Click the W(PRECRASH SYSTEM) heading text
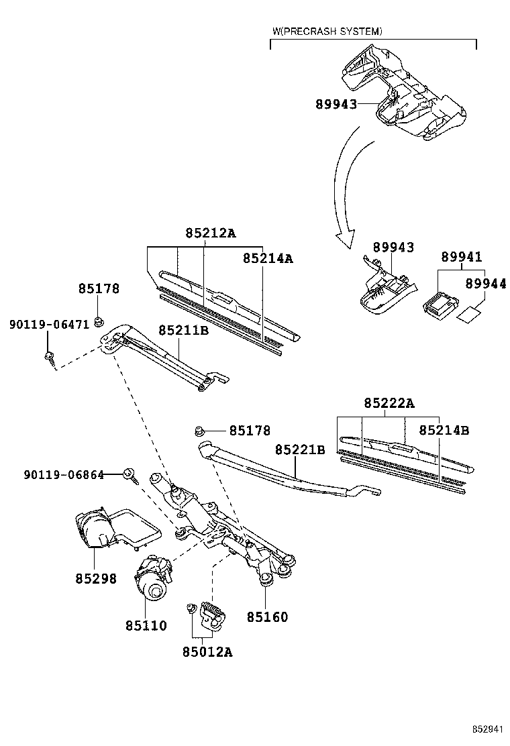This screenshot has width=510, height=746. (x=327, y=32)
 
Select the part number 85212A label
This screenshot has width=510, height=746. (x=211, y=233)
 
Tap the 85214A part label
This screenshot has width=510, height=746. (x=268, y=258)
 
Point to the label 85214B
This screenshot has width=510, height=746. (x=444, y=430)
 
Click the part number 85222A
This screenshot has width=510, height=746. (x=389, y=403)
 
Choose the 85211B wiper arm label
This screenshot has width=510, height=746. (x=184, y=331)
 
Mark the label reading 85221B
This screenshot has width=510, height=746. (x=300, y=449)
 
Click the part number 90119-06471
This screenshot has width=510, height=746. (x=49, y=325)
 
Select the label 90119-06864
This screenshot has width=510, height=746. (x=64, y=475)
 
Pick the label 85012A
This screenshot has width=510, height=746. (x=207, y=652)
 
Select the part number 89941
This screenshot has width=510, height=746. (x=461, y=258)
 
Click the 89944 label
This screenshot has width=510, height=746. (x=485, y=284)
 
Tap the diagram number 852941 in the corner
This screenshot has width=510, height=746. (x=487, y=729)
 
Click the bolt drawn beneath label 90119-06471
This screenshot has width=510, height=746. (x=50, y=357)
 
